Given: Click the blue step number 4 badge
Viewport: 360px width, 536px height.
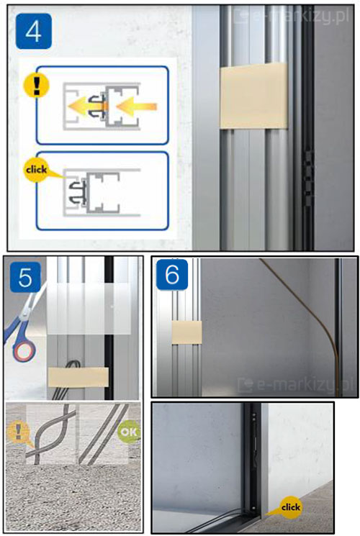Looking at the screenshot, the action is point(34,32).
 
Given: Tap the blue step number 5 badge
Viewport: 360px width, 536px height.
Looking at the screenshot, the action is point(25,277).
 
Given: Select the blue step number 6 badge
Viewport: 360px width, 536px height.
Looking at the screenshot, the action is point(172,275).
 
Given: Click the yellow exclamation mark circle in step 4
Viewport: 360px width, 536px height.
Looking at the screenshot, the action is point(36,85).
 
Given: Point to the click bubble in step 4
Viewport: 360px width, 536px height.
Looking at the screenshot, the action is point(37,170).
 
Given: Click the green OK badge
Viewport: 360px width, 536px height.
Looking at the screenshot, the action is point(128,432).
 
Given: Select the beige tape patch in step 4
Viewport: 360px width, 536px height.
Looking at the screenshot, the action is point(253,96).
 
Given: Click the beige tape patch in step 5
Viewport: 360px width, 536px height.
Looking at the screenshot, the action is point(78,377).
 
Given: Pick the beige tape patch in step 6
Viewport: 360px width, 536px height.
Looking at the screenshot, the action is point(186,332).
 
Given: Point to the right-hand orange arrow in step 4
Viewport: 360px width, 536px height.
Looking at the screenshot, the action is point(136,106).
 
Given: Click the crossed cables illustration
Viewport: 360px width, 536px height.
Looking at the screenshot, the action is point(51,434).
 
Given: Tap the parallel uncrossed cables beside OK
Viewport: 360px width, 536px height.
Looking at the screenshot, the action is point(103,434).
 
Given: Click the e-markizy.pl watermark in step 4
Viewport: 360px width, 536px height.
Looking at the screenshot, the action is point(292,16).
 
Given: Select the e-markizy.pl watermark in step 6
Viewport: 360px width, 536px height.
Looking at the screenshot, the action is point(295,385).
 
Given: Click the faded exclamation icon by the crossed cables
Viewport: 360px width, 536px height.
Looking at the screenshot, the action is point(19,432).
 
